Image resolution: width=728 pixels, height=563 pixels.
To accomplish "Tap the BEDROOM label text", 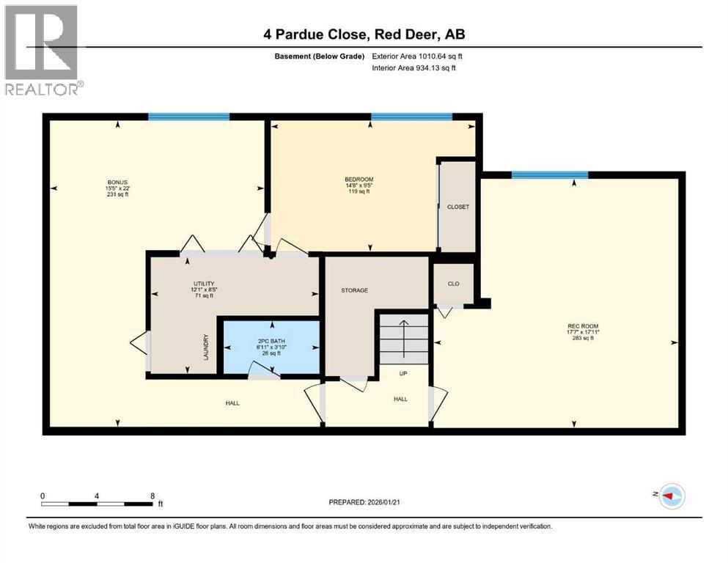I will point(359,180).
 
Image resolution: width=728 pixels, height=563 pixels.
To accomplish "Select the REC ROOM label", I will point(577,326).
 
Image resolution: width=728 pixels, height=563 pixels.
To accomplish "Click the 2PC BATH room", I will point(271,341).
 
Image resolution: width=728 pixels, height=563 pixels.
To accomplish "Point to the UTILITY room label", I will point(203,283).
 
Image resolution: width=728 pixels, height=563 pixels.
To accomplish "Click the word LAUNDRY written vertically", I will point(207,347).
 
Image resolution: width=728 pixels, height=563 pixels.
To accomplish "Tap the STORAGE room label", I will point(354,290).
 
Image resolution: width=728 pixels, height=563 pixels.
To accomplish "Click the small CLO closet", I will point(453,284).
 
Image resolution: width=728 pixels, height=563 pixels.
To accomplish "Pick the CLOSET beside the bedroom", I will point(457,207).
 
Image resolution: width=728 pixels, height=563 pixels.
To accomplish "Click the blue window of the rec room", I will point(549,174).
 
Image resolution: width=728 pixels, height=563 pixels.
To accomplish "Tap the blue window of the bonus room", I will point(188,117).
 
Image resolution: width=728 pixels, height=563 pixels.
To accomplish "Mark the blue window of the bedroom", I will point(411,117).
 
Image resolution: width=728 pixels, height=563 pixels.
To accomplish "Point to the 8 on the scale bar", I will point(151,495).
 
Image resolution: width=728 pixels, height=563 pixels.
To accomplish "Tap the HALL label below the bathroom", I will point(232,402).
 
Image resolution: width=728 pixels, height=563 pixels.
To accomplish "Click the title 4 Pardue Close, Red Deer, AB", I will point(364,34).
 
